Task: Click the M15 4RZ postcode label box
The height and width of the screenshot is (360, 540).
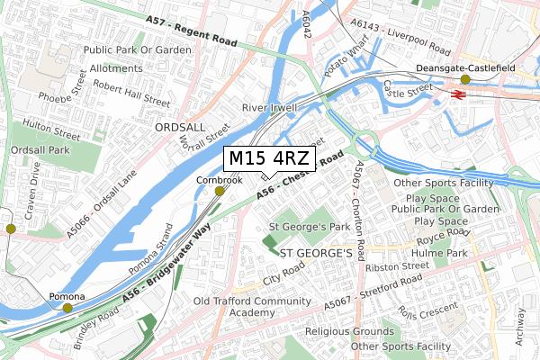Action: (269, 158)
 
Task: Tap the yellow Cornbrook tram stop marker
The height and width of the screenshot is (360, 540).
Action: (220, 191)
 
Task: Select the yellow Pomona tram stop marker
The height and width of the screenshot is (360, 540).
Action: (68, 309)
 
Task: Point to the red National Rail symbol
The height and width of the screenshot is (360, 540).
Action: (458, 92)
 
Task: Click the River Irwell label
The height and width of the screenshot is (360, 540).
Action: (269, 107)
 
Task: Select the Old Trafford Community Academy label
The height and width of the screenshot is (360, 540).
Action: (257, 307)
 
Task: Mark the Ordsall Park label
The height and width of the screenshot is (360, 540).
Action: (35, 150)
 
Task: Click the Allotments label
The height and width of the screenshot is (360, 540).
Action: (115, 67)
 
